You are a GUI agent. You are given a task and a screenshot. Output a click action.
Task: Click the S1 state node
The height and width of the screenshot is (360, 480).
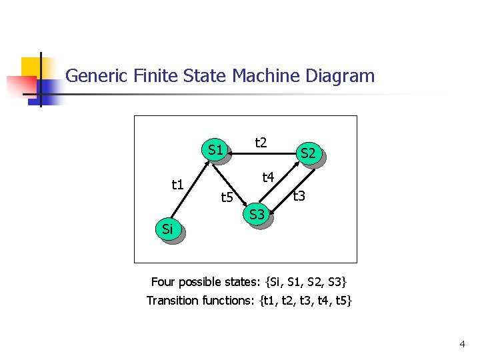click(215, 151)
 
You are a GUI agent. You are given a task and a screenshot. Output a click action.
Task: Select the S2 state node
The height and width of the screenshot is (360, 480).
click(308, 154)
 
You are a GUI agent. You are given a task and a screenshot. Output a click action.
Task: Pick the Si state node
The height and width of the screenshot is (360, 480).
click(168, 230)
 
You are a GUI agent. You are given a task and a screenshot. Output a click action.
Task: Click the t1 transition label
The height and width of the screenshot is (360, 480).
click(177, 185)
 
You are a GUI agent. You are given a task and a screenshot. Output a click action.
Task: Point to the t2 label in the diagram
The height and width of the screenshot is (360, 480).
click(261, 142)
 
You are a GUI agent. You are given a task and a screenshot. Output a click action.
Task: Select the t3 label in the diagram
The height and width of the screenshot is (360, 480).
click(299, 195)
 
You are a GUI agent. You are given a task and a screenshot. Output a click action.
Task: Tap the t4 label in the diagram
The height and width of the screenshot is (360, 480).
click(269, 177)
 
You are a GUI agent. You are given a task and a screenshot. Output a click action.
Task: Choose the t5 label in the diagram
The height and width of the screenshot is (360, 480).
click(227, 197)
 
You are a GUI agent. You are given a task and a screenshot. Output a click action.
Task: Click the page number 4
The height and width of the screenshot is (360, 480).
click(462, 344)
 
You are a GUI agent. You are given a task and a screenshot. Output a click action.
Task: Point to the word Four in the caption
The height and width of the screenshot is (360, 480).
click(164, 281)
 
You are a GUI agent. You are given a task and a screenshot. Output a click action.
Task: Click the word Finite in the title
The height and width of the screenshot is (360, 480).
click(157, 76)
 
